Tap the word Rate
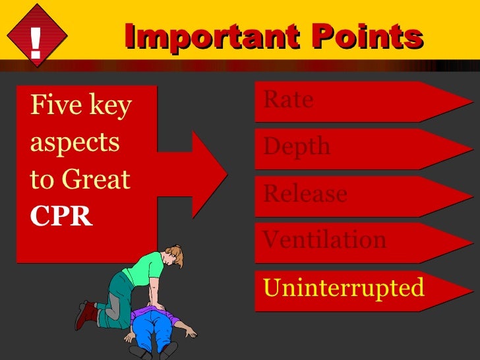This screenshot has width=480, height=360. coord(288,100)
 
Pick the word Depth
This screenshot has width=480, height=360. coord(297,147)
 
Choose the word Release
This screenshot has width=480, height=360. coord(305,194)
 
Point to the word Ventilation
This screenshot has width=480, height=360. coord(324,239)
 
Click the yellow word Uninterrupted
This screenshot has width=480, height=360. coord(344,287)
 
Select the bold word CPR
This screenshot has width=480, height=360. coord(61,217)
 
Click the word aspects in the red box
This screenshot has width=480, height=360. coord(75,142)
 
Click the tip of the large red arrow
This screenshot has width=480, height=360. coord(226,173)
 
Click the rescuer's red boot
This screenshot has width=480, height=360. coord(86,315)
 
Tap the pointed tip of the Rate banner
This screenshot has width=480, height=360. coord(471,102)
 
